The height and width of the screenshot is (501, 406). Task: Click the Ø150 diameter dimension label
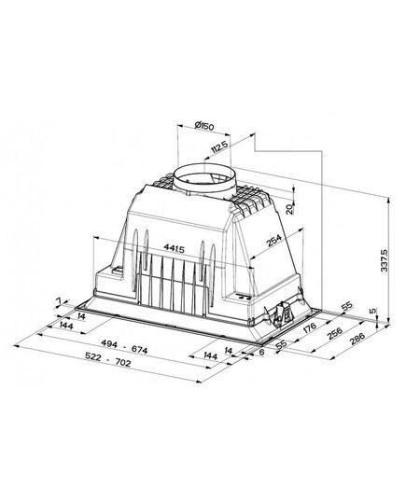coord(203,126)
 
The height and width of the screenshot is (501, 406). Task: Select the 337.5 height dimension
coord(385,260)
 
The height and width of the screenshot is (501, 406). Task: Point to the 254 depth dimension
coord(274,241)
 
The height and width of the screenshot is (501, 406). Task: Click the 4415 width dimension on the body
coord(174,248)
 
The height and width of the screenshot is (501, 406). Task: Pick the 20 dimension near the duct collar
coord(288,209)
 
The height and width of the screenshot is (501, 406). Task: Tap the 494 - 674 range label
coord(124,347)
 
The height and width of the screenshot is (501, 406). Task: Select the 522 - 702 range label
coord(107,359)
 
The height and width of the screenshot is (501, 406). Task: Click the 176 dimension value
coord(310,327)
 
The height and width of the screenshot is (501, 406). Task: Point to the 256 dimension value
coord(335,333)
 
